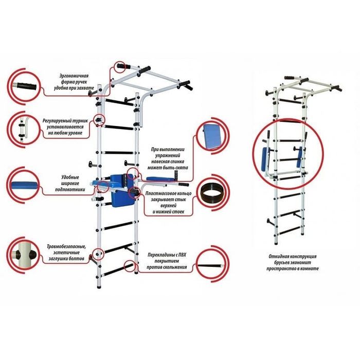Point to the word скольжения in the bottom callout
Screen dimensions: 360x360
175,268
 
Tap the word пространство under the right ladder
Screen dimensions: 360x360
280,269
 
